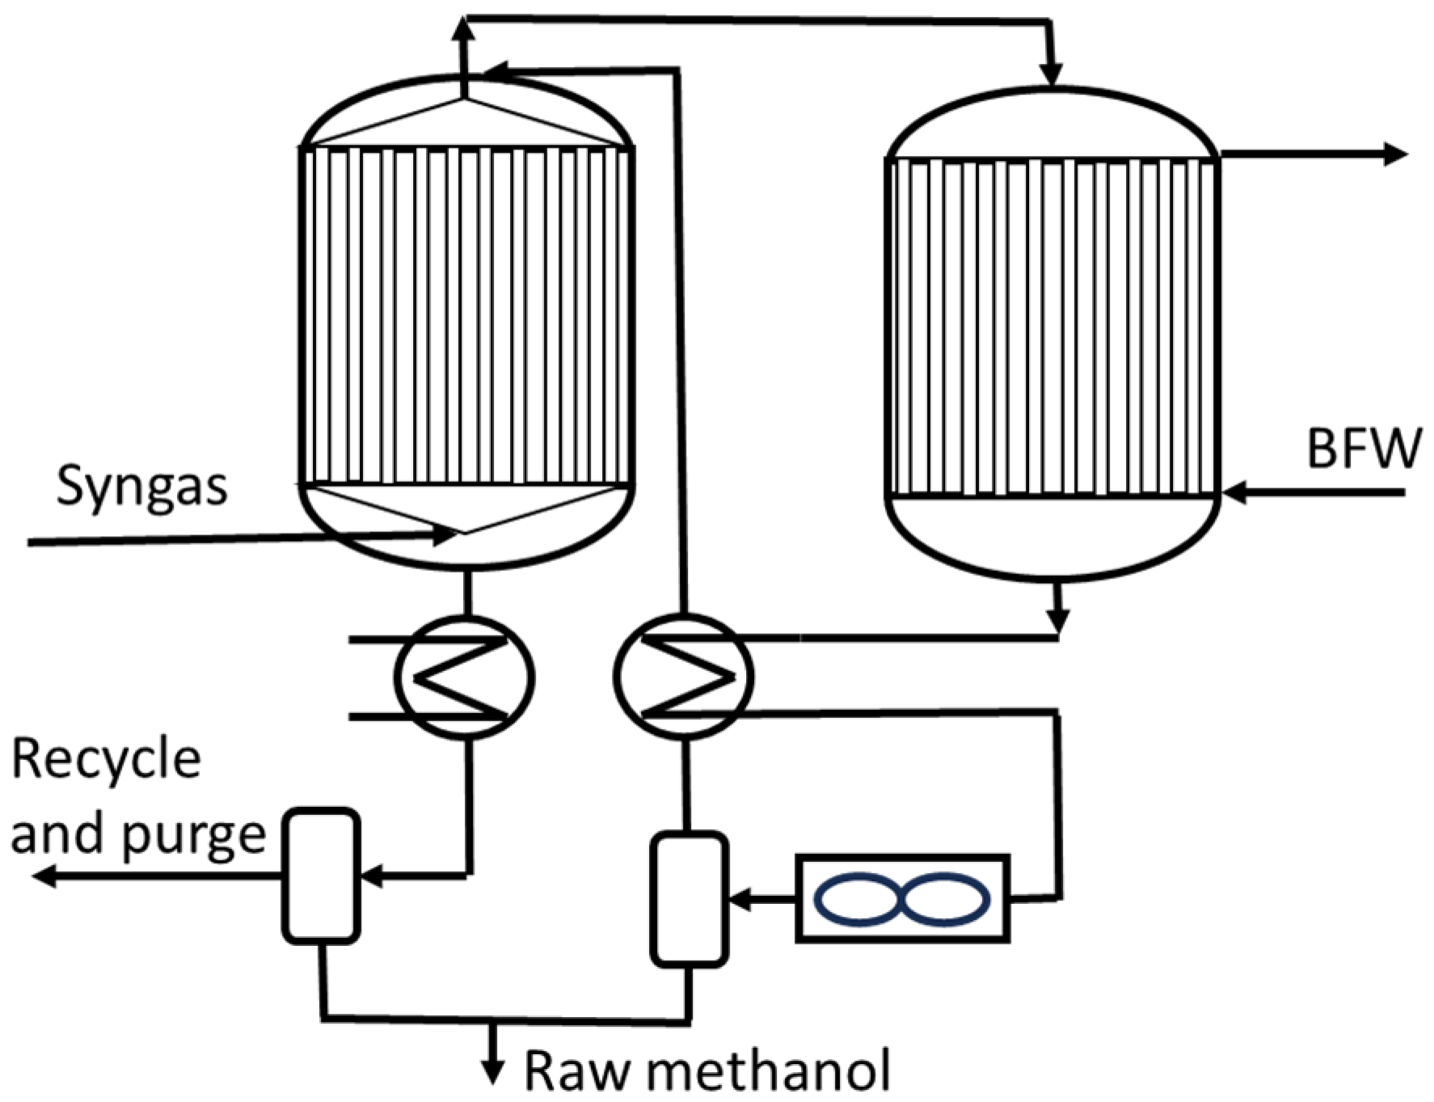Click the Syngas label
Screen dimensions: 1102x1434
click(141, 488)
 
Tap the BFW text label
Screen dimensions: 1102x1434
click(1364, 450)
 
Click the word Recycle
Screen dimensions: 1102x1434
click(106, 760)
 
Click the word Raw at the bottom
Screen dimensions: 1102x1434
click(576, 1072)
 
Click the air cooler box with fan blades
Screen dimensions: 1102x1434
click(902, 897)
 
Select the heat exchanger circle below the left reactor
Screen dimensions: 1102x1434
click(464, 678)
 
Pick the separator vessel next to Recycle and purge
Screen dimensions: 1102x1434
click(321, 876)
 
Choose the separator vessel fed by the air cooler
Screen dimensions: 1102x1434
click(690, 899)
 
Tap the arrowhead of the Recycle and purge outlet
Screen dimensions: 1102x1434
click(45, 875)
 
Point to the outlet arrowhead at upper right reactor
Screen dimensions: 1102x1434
click(1395, 154)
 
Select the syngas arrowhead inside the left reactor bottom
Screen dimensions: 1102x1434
click(445, 534)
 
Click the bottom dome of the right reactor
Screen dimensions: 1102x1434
click(1052, 542)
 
